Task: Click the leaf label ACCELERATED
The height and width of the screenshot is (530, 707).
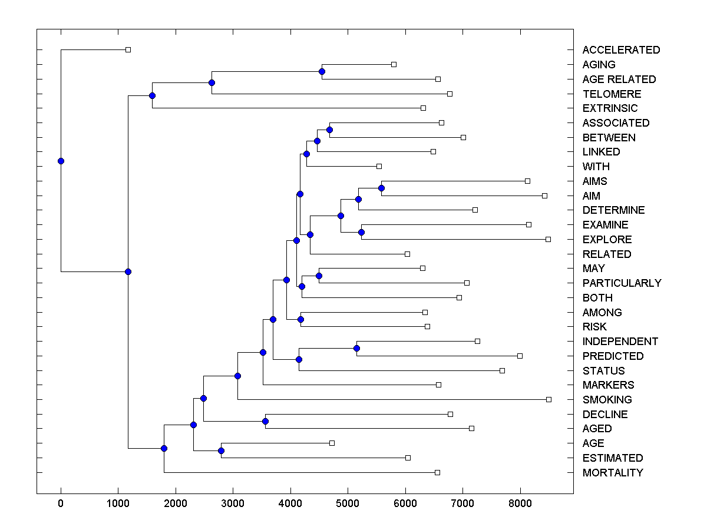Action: coord(621,50)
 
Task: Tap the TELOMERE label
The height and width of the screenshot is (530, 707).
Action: coord(612,94)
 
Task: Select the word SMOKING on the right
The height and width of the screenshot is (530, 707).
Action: coord(607,400)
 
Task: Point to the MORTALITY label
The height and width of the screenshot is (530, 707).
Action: coord(613,473)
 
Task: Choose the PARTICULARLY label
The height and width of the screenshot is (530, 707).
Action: coord(622,283)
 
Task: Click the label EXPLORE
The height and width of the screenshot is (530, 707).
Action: coord(607,240)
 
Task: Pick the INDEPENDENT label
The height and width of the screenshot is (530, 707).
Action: coord(620,342)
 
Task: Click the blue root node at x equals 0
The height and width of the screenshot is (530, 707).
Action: coord(61,161)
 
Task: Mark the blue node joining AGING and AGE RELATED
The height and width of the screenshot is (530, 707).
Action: coord(322,71)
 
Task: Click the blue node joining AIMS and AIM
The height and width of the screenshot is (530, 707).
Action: coord(381,188)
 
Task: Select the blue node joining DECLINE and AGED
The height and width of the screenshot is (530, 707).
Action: coord(265,421)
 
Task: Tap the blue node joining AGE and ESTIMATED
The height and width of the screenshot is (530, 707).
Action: coord(221,450)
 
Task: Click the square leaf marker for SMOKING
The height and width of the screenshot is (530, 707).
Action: coord(549,399)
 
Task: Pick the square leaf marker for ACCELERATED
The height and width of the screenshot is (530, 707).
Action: coord(128,49)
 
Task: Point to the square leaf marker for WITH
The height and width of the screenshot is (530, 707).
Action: coord(379,166)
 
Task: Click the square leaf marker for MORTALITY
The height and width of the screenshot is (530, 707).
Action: coord(437,472)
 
